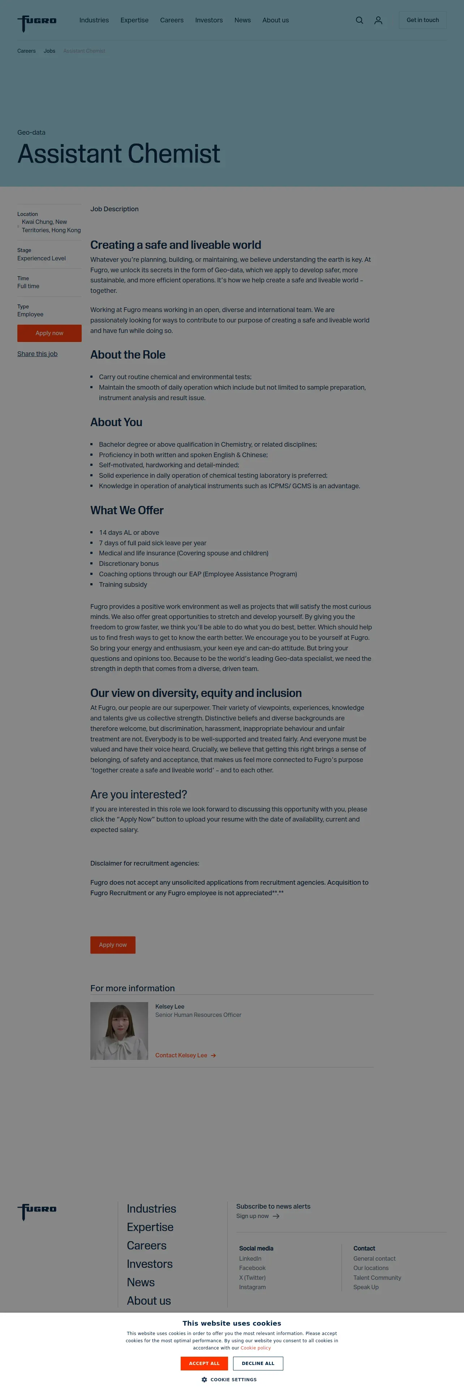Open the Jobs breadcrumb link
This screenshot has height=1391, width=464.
[x=49, y=51]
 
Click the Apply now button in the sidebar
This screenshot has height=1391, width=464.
[x=49, y=333]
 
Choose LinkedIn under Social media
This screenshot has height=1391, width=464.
[x=250, y=1258]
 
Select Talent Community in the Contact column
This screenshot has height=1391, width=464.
[x=377, y=1278]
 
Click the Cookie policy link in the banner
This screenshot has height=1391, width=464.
[x=255, y=1348]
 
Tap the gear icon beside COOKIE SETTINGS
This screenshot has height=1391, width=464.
[x=204, y=1380]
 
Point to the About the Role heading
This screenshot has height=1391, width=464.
[x=128, y=355]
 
